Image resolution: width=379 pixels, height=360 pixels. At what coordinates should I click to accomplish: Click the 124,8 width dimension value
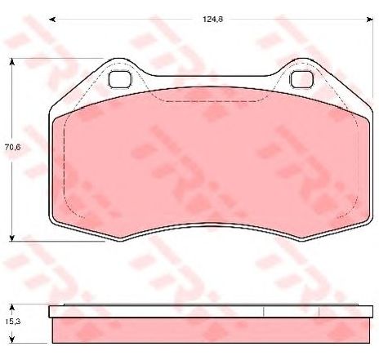[213, 20]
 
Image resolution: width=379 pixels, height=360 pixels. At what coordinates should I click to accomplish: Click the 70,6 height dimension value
[13, 147]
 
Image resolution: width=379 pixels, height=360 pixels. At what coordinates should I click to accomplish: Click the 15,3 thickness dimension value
[13, 322]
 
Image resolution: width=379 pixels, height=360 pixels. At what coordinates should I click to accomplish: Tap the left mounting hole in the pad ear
[119, 79]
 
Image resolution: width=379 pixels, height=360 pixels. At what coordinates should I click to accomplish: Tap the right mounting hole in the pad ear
[301, 79]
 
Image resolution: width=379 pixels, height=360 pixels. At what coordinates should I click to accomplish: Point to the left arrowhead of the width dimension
[52, 20]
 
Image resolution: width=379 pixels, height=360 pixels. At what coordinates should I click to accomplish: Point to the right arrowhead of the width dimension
[370, 20]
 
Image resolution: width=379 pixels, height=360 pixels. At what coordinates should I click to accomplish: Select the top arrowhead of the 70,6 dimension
[11, 62]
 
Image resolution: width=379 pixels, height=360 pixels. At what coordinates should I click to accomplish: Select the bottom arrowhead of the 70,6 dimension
[11, 238]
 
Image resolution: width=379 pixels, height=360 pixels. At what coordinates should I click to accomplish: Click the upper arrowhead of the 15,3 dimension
[11, 308]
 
